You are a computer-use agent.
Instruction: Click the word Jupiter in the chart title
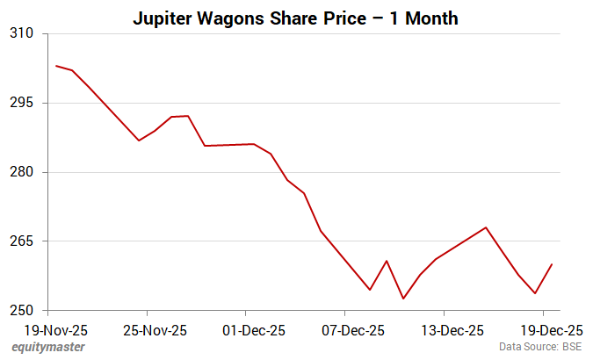click(x=167, y=18)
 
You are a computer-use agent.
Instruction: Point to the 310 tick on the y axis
click(x=20, y=33)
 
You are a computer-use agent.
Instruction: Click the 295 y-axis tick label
click(x=20, y=103)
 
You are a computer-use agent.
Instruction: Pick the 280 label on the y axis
click(x=20, y=172)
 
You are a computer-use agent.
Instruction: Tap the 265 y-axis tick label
click(x=20, y=241)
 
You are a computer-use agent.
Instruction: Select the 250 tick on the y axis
click(x=20, y=311)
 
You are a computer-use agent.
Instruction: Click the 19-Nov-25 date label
click(x=48, y=331)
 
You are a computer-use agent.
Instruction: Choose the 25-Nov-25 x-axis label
click(x=147, y=331)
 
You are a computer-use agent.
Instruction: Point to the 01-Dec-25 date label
click(x=246, y=331)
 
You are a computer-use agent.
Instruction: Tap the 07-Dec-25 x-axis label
click(x=345, y=331)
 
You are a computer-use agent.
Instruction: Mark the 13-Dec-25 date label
click(x=445, y=331)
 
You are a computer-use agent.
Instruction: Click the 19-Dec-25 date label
click(x=544, y=331)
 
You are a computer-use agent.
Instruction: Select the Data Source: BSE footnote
click(x=540, y=348)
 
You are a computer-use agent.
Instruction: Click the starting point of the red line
click(x=55, y=66)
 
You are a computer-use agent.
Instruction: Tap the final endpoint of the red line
click(x=552, y=264)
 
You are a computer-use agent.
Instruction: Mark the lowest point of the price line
click(x=403, y=299)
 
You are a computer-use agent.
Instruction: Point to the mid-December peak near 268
click(x=486, y=227)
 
